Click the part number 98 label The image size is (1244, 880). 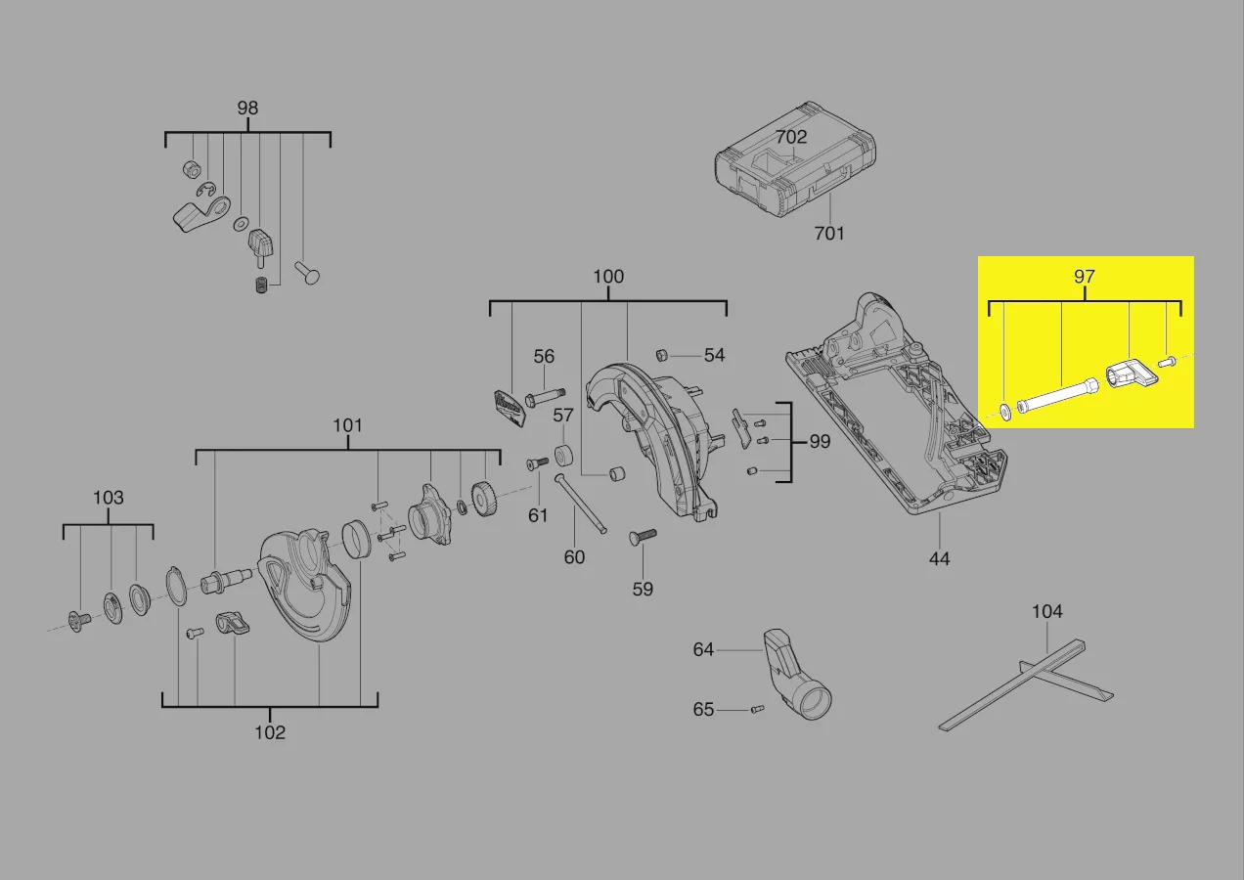coord(247,108)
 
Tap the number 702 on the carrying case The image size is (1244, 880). coord(791,137)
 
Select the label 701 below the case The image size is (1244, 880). coord(829,233)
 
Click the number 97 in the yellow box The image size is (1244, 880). coord(1084,277)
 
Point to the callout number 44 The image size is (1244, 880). coord(939,558)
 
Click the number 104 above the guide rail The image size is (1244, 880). coord(1046,611)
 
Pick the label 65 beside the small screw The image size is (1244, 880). coord(703,709)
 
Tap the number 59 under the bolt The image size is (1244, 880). coord(643,589)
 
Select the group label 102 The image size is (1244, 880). coord(270,732)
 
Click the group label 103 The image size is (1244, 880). coord(109,498)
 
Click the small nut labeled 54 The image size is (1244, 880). coord(661,355)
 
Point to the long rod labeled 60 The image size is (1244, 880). coord(580,505)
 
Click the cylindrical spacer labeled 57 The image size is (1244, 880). coord(563,456)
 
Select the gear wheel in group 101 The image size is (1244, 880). coord(484,500)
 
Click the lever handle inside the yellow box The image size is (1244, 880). coord(1133,378)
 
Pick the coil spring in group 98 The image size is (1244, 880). coord(261,285)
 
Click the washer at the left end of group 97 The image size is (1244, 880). coord(1005,413)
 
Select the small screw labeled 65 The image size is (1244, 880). coord(757,709)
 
